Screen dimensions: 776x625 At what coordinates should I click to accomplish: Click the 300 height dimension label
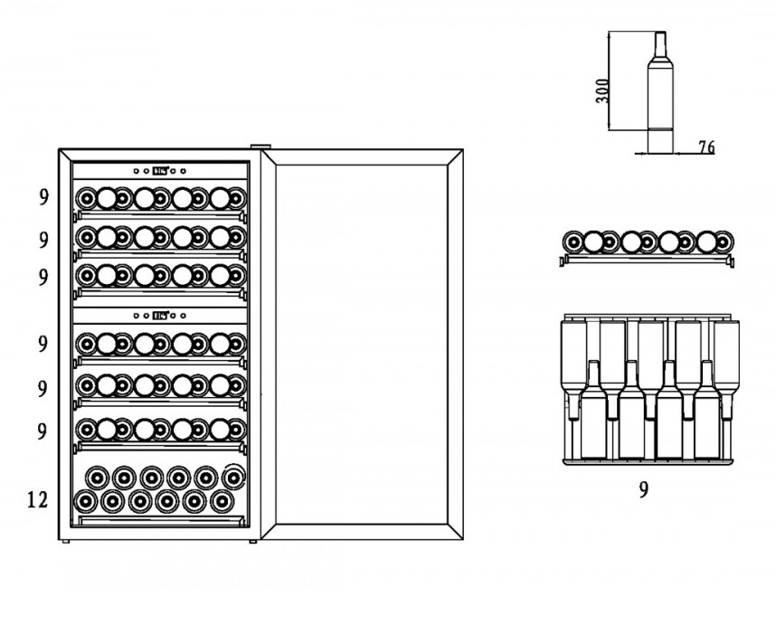(602, 90)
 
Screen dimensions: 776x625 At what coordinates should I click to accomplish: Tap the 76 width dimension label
(706, 147)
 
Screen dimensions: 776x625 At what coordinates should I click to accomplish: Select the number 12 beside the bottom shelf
(38, 500)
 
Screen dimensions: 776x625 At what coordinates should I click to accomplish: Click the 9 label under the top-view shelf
(643, 489)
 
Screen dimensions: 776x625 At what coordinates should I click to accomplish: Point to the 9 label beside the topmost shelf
(44, 197)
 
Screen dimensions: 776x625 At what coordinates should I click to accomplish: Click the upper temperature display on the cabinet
(160, 171)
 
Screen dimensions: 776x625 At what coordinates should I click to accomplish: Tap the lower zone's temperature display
(160, 316)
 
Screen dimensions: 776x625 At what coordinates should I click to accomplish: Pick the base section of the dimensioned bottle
(660, 141)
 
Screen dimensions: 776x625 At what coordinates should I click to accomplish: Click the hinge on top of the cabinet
(260, 147)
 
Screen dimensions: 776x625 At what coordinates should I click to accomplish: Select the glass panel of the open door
(361, 344)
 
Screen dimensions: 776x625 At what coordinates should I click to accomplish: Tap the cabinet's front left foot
(65, 542)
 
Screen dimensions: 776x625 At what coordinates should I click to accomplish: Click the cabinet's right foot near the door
(253, 542)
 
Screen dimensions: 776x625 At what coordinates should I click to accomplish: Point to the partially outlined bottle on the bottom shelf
(233, 477)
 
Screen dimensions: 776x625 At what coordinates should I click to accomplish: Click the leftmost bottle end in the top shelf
(86, 198)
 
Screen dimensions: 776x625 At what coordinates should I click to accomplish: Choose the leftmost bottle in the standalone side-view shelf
(573, 242)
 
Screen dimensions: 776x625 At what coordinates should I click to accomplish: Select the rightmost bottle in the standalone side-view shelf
(724, 242)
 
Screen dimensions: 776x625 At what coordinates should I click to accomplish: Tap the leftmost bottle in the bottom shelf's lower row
(85, 502)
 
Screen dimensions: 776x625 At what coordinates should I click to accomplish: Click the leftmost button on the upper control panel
(136, 171)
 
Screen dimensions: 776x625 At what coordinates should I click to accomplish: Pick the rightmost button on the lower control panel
(183, 316)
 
